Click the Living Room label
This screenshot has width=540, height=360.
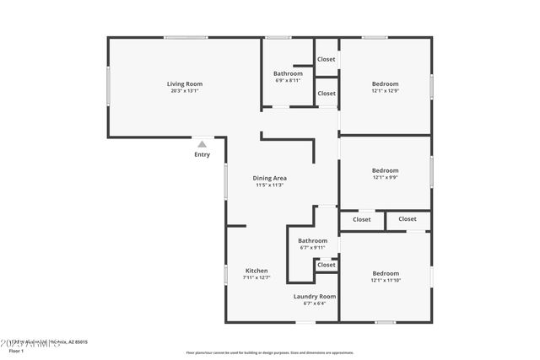184,83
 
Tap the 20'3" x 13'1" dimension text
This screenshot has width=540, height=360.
184,91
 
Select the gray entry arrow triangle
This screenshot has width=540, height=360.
202,144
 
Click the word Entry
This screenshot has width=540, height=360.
202,154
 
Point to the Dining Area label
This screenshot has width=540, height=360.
270,178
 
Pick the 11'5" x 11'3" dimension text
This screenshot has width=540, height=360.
270,185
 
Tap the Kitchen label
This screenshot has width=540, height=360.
256,271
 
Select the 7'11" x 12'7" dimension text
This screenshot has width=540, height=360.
256,278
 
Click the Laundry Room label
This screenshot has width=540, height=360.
315,296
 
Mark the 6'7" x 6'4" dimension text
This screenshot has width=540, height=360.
315,304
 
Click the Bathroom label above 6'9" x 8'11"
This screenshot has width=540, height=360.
288,73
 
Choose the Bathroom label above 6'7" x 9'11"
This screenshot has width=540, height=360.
312,240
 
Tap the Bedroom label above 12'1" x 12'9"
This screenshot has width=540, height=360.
386,83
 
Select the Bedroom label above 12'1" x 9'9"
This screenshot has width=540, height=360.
386,169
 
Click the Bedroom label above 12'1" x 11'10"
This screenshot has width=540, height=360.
386,272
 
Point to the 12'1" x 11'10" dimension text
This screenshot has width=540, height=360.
386,280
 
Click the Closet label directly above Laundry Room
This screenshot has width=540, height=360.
326,265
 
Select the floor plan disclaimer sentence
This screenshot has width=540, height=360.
270,352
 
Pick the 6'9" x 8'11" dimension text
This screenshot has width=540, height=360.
288,81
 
